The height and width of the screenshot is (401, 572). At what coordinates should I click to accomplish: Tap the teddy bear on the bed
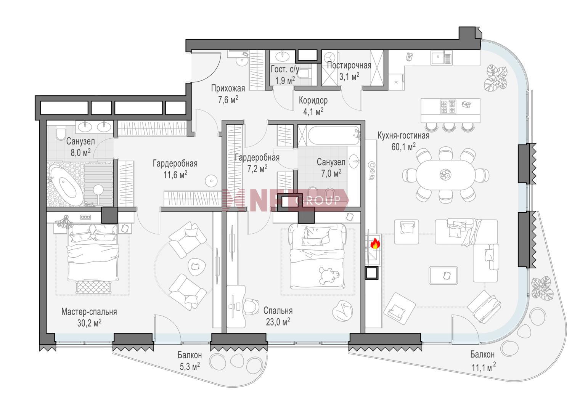pos(330,275)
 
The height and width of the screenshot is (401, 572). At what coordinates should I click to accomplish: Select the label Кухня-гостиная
pos(403,136)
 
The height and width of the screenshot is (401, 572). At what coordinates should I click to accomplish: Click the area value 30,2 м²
pos(89,323)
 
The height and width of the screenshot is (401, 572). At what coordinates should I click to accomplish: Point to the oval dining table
pos(445,175)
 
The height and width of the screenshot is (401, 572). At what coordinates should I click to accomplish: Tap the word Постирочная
pos(349,65)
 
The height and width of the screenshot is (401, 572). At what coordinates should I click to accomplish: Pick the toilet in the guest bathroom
pos(304,74)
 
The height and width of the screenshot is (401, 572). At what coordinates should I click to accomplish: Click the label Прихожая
pos(228,88)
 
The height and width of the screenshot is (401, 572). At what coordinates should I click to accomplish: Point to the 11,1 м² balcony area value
pos(484,367)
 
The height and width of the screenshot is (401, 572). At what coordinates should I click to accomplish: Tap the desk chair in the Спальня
pos(251,307)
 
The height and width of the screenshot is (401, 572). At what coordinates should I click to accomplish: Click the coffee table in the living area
pos(443,275)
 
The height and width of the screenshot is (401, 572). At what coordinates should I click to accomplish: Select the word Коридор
pos(313,100)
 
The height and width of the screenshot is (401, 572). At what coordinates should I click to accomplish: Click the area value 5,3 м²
pos(190,367)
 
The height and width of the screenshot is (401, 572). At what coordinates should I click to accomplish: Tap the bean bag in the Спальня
pos(342,311)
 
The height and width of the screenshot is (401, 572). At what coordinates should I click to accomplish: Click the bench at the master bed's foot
pos(93,287)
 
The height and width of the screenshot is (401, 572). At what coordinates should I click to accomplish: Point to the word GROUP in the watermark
pos(317,200)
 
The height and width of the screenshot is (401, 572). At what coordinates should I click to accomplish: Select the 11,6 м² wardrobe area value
pos(175,175)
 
